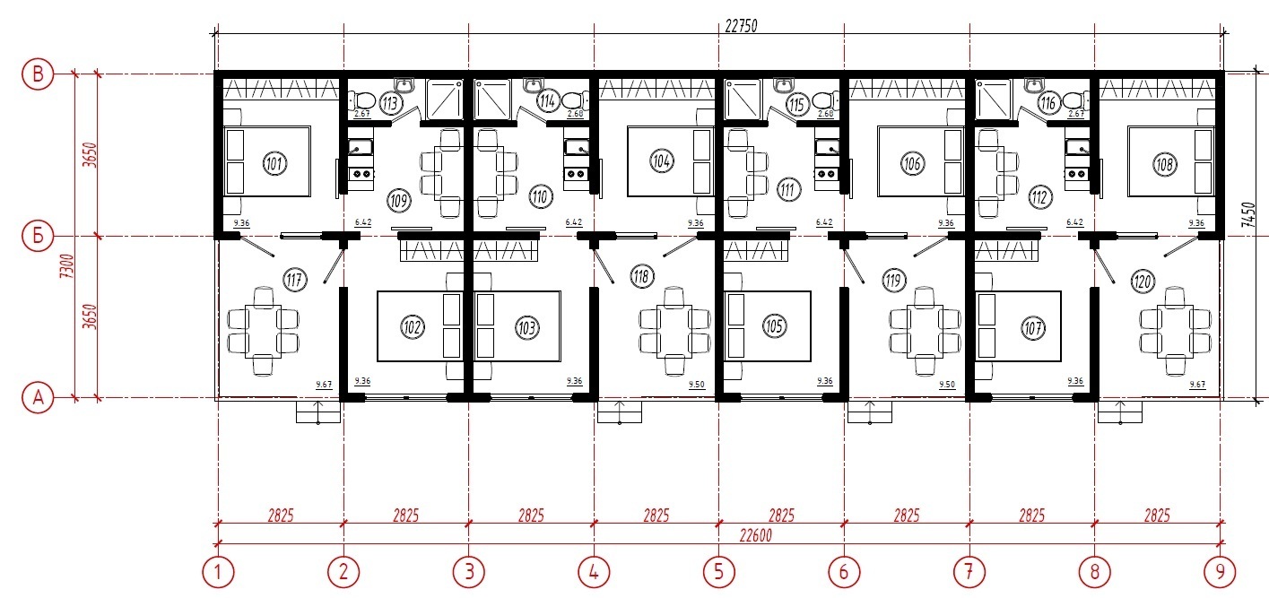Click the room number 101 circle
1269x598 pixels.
pos(274,164)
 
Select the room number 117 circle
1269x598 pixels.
pos(294,279)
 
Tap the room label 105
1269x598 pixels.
pos(775,325)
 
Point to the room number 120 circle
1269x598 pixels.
pos(1143,282)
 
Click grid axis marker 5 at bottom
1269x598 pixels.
pos(719,572)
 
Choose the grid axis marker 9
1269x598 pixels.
pos(1220,572)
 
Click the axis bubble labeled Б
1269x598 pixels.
pos(38,236)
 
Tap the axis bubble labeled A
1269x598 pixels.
pos(38,397)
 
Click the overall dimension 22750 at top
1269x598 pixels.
pos(741,26)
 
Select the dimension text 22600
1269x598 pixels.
pos(756,535)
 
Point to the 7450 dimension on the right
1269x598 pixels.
pos(1248,214)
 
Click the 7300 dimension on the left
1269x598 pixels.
pos(67,266)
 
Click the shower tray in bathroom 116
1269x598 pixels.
pos(993,100)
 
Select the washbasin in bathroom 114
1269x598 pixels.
pos(533,85)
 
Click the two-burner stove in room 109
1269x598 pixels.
pos(361,173)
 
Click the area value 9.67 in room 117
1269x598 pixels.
pos(324,385)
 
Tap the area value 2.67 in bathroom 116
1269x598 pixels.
pos(1076,114)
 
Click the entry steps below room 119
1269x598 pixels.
pos(870,412)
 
